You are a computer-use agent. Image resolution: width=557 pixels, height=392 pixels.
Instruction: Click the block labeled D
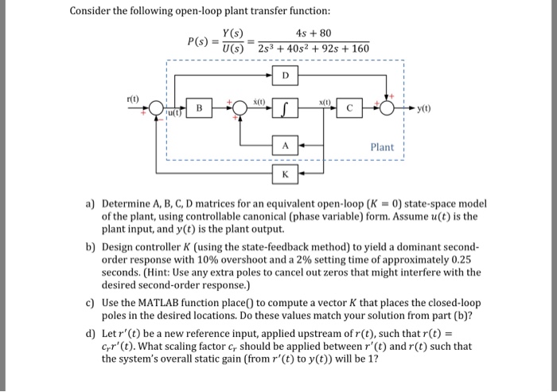pos(286,76)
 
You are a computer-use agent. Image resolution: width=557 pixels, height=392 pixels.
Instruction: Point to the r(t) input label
pos(133,98)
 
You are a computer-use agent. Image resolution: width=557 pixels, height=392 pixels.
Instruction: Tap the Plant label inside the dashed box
pos(382,147)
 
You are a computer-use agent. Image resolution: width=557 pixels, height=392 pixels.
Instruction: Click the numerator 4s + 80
pos(313,33)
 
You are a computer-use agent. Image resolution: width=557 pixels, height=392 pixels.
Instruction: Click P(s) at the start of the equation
pos(198,41)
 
